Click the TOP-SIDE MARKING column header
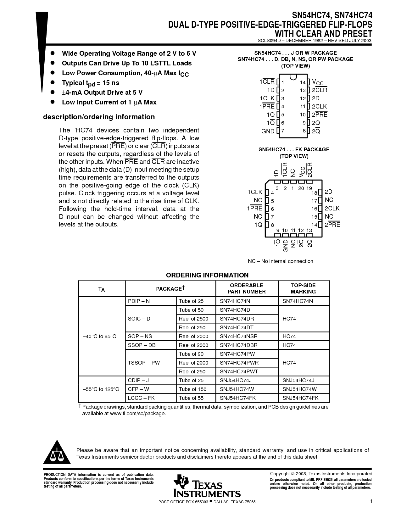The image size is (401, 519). point(303,288)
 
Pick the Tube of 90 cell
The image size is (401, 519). point(191,354)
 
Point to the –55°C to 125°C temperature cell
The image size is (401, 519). point(101,389)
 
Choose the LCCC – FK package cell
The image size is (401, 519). point(141,398)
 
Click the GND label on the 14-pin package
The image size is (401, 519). point(268,131)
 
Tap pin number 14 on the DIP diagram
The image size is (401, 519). point(303,82)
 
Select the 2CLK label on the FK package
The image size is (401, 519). point(332,208)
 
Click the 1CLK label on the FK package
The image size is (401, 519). point(255,192)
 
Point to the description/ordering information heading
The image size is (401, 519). point(99,117)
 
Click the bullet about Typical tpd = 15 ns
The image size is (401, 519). point(91,83)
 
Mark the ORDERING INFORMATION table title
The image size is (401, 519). point(207,275)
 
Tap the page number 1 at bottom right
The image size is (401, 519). point(371,501)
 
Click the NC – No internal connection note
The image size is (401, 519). point(280,261)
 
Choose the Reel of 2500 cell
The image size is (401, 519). point(193,319)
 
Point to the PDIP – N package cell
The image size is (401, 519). point(139,301)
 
